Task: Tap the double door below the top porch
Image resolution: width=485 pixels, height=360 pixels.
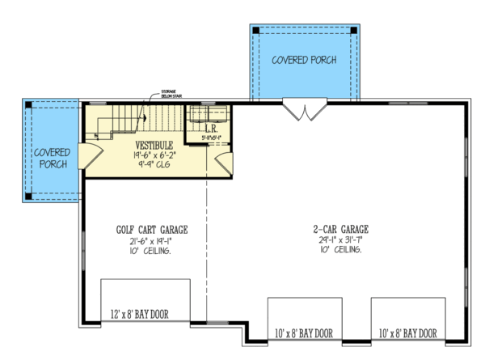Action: point(304,109)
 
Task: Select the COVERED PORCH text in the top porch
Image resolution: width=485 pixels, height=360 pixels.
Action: point(304,60)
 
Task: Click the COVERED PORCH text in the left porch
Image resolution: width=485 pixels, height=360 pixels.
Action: point(51,159)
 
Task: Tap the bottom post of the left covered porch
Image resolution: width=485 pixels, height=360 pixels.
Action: point(29,194)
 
